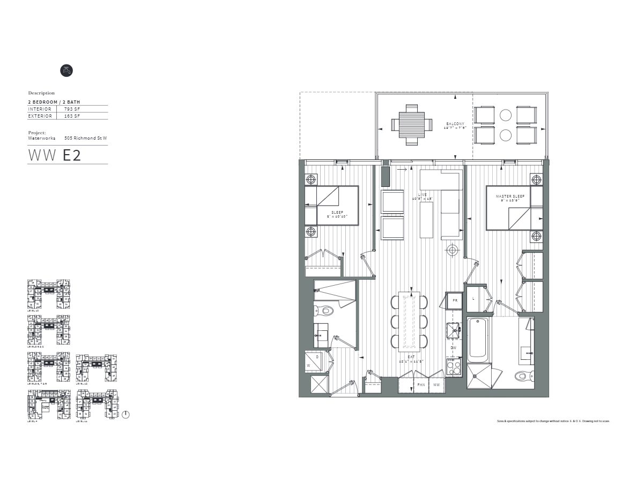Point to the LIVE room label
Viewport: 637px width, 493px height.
pyautogui.click(x=423, y=194)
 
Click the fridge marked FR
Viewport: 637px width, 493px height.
pyautogui.click(x=455, y=300)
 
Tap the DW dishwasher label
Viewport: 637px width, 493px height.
pyautogui.click(x=454, y=348)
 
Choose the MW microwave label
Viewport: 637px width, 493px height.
pyautogui.click(x=437, y=385)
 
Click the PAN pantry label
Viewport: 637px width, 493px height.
pyautogui.click(x=421, y=385)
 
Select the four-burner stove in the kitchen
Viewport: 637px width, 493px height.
pyautogui.click(x=454, y=366)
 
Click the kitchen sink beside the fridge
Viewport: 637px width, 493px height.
pyautogui.click(x=454, y=330)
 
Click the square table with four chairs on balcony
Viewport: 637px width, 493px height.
pyautogui.click(x=412, y=125)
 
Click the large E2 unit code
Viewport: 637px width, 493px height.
pyautogui.click(x=72, y=155)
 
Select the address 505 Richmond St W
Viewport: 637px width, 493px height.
pyautogui.click(x=85, y=138)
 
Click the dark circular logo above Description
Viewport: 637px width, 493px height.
pyautogui.click(x=65, y=70)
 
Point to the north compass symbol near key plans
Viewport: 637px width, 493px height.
pyautogui.click(x=126, y=415)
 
